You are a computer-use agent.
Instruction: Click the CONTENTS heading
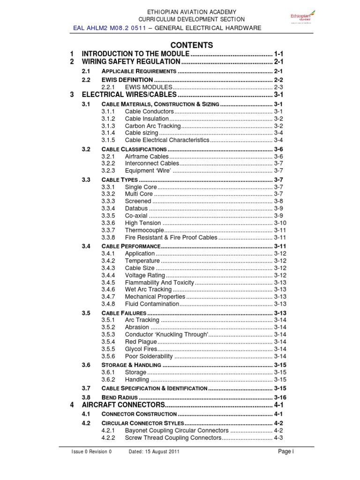coord(191,45)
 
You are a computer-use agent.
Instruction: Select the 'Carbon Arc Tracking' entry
coord(152,126)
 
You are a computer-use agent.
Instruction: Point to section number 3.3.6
coord(108,223)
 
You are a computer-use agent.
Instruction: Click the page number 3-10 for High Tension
coord(280,223)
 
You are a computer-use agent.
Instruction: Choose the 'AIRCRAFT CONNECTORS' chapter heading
coord(123,405)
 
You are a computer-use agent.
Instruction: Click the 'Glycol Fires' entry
coord(141,349)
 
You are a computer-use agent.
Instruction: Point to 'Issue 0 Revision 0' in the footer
coord(91,452)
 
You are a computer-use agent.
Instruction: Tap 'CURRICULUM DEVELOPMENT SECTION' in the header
coord(191,19)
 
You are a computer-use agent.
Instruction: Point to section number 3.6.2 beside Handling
coord(108,379)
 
